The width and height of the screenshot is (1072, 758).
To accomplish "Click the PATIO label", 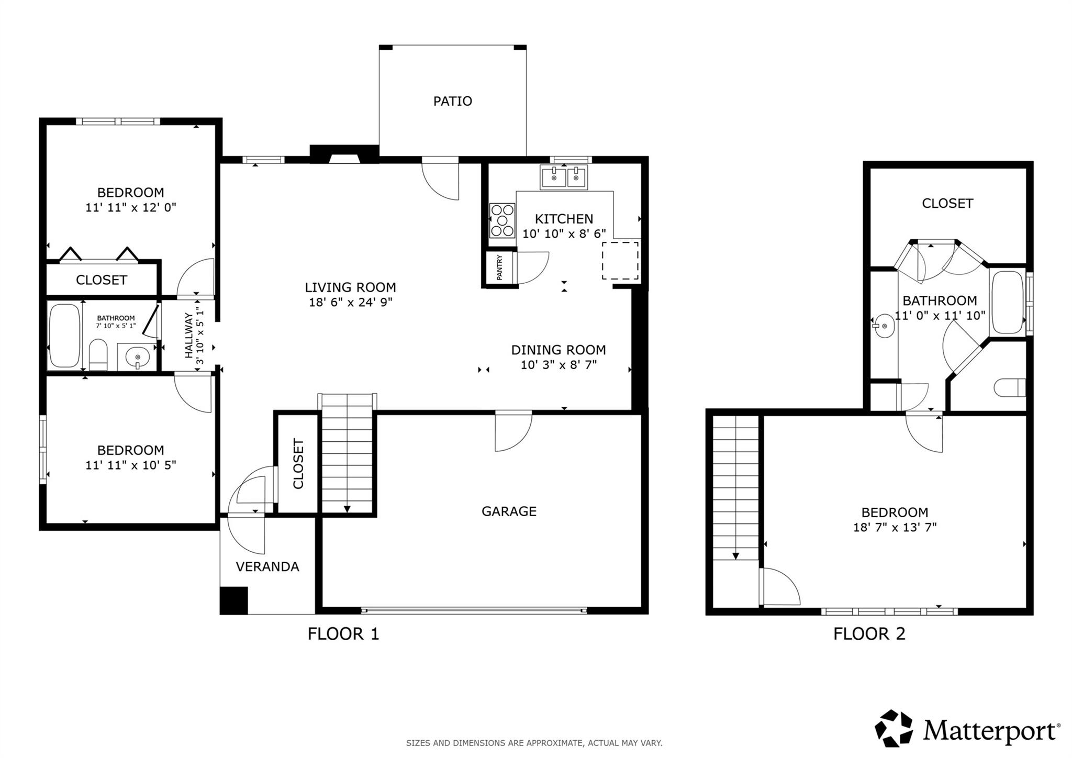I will [x=452, y=101].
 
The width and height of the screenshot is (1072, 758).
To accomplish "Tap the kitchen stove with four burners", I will [x=501, y=220].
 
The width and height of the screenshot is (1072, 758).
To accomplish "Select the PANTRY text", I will [x=499, y=267].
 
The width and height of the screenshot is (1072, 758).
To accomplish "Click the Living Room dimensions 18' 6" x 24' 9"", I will [x=350, y=302].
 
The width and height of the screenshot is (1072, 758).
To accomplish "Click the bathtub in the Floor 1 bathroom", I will [x=64, y=336].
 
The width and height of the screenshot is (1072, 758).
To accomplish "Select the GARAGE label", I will [x=509, y=511].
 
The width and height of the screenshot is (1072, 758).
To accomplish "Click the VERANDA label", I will [x=267, y=566].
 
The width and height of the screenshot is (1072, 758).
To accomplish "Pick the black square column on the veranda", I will [x=233, y=600].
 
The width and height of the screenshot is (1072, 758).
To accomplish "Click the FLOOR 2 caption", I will [x=869, y=634].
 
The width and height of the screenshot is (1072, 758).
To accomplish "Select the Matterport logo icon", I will [x=894, y=728].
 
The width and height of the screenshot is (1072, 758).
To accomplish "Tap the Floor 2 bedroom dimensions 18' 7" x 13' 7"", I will [x=895, y=527].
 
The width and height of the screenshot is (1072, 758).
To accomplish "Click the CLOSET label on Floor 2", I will [x=947, y=203].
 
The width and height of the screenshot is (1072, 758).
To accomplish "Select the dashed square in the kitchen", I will [x=620, y=260].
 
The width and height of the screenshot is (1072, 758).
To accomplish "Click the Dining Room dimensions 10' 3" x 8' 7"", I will [x=558, y=365].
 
